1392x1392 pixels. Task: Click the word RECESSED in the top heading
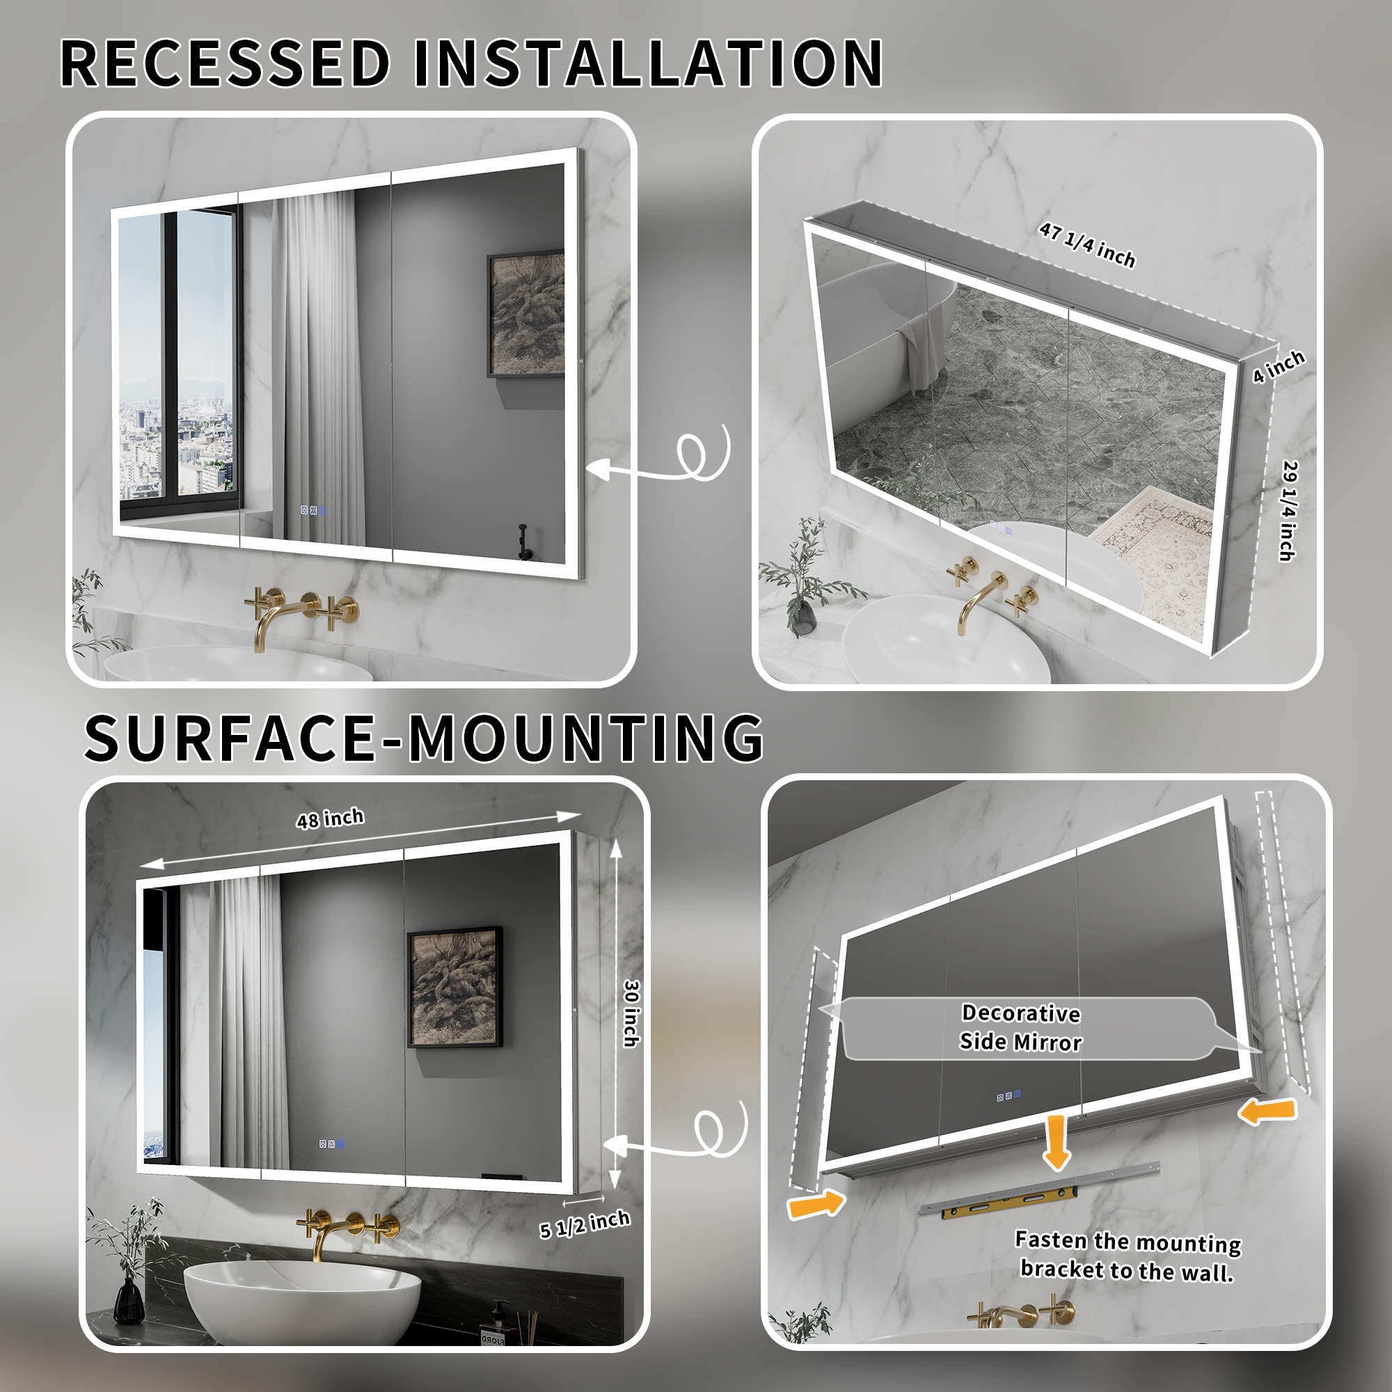(225, 63)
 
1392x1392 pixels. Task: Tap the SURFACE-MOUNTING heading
(424, 738)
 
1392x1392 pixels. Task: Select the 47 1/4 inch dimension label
(1086, 245)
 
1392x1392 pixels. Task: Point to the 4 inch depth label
(1277, 367)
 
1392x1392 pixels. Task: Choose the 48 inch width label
(330, 818)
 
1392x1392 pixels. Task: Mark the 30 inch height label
(631, 1013)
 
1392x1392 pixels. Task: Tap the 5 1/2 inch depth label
(585, 1224)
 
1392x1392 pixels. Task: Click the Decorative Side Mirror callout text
(1021, 1027)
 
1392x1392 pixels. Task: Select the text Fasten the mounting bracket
(1128, 1256)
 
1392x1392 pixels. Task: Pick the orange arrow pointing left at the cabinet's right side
(1268, 1111)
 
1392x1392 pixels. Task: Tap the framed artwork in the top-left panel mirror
(525, 314)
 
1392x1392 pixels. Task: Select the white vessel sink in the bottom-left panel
(302, 1293)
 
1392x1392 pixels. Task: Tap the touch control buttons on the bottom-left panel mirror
(331, 1144)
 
